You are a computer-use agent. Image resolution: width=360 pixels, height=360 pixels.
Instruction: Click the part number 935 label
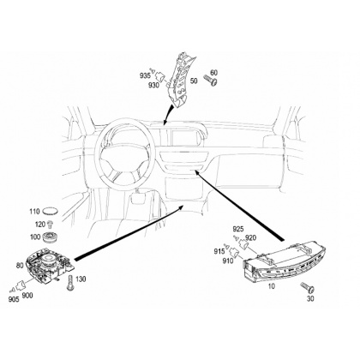[145, 75]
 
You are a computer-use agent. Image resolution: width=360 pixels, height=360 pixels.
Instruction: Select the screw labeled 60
[210, 80]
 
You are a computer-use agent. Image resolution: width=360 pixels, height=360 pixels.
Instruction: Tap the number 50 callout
[194, 81]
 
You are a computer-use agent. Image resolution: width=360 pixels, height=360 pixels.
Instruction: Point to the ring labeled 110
[51, 212]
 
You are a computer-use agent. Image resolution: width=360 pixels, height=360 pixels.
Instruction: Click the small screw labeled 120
[51, 225]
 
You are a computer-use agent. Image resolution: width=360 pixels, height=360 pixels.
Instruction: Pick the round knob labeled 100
[51, 237]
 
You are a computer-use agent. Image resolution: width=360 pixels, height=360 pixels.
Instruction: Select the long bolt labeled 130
[70, 283]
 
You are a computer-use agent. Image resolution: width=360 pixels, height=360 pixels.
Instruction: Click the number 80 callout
[20, 266]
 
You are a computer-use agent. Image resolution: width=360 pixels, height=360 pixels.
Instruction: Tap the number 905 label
[14, 299]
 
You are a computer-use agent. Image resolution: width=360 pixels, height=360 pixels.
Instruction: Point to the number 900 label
[27, 296]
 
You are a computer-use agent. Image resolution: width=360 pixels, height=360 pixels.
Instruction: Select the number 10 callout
[272, 286]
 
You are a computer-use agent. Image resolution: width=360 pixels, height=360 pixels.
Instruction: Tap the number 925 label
[238, 229]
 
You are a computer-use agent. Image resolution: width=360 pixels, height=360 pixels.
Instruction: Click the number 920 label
[250, 237]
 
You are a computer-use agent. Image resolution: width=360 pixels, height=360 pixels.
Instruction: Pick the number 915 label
[219, 251]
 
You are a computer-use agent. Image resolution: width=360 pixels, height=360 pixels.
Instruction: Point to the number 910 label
[228, 261]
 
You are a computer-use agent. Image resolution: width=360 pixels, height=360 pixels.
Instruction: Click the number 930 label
[153, 85]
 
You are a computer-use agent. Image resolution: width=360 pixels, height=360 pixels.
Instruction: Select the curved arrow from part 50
[167, 113]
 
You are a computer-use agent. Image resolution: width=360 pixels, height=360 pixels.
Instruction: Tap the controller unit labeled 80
[51, 266]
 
